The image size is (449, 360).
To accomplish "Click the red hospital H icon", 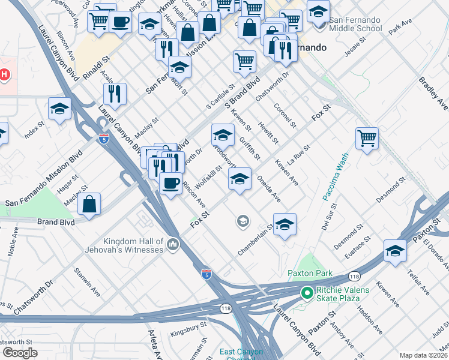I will click(x=4, y=75).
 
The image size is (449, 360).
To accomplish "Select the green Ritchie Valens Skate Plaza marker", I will click(x=306, y=293).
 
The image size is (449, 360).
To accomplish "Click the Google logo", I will click(x=20, y=352).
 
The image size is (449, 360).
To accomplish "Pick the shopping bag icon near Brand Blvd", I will click(x=89, y=204).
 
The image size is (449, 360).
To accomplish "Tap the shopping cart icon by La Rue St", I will click(x=366, y=138).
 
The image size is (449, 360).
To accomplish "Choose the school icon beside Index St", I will click(x=59, y=109).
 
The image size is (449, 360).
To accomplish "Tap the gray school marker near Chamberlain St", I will click(x=243, y=221).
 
